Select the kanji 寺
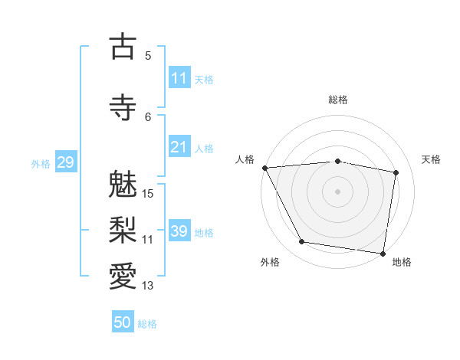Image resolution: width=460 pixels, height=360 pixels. click(123, 108)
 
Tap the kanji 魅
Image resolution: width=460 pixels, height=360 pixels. click(123, 185)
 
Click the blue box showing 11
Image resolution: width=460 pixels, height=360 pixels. click(179, 78)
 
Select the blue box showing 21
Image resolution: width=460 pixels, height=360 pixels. click(179, 147)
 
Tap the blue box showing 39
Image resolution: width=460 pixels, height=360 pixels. click(179, 231)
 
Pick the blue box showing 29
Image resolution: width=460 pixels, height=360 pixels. click(64, 162)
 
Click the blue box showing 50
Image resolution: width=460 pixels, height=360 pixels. click(123, 322)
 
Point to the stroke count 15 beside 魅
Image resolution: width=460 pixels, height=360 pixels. click(149, 194)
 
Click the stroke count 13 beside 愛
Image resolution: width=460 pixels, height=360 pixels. click(149, 286)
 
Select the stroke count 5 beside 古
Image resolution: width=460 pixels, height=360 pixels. click(148, 55)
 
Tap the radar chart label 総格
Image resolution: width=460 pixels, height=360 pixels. click(338, 100)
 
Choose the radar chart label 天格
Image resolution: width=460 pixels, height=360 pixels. click(432, 159)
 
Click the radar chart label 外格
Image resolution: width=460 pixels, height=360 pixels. click(270, 263)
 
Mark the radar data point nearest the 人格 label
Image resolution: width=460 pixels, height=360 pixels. click(264, 168)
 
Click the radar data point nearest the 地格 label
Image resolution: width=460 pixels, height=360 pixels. click(383, 253)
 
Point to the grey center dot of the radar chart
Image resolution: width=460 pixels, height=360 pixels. click(337, 191)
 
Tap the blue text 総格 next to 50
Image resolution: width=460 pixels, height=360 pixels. click(147, 324)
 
